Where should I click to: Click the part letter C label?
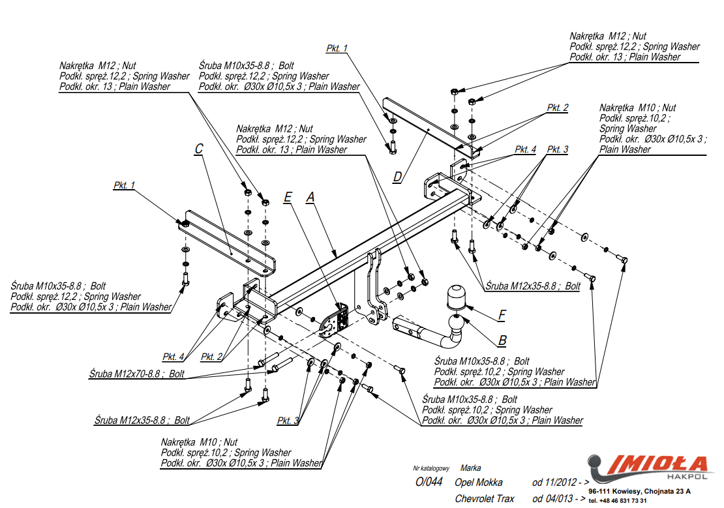(199, 149)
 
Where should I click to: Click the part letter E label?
(288, 196)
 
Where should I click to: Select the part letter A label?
(310, 196)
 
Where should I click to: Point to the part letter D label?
(397, 176)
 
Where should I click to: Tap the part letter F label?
(502, 315)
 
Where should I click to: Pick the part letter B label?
(502, 340)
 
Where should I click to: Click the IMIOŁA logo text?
(659, 465)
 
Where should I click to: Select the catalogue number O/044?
(429, 483)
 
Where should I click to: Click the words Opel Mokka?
(479, 483)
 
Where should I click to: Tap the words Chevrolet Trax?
(485, 499)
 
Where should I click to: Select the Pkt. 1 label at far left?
(124, 186)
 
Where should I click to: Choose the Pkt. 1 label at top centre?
(337, 48)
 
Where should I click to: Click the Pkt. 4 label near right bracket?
(525, 149)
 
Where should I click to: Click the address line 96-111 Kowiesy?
(639, 491)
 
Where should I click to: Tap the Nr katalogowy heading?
(431, 468)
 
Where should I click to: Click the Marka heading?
(470, 468)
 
